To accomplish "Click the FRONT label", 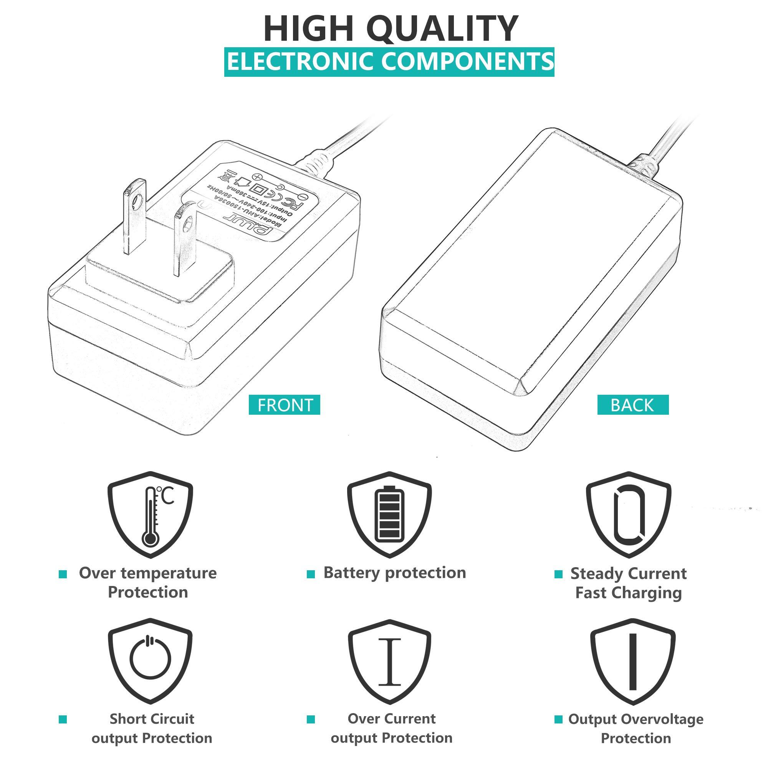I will click(x=284, y=405).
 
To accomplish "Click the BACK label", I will click(x=632, y=405).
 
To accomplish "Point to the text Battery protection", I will click(x=394, y=573).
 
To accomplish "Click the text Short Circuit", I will click(x=152, y=719).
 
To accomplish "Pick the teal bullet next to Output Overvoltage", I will click(x=558, y=719).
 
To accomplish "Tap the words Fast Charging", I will click(x=629, y=593).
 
